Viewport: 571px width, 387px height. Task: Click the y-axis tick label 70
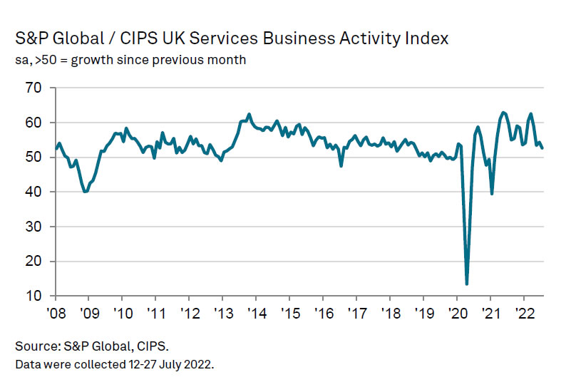coord(34,88)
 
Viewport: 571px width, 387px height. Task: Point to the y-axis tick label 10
coord(34,296)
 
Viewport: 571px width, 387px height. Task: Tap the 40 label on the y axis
coord(34,192)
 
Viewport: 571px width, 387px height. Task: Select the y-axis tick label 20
coord(34,261)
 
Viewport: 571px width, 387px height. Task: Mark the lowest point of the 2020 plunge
coord(467,284)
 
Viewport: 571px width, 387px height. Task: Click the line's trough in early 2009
coord(86,191)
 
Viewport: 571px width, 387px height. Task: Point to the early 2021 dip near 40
coord(492,193)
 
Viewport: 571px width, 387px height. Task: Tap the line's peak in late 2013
coord(249,114)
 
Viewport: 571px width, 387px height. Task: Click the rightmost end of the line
coord(543,148)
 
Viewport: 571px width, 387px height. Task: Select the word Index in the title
coord(430,38)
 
